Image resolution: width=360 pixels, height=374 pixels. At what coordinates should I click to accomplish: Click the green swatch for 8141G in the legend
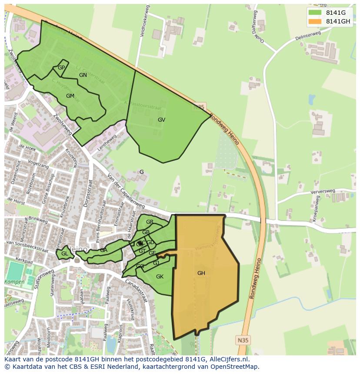(315, 12)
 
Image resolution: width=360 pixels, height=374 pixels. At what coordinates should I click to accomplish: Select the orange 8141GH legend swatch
(315, 21)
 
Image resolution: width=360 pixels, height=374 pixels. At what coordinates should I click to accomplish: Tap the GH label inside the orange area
(201, 273)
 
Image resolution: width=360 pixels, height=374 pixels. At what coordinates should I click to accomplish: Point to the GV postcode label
(161, 120)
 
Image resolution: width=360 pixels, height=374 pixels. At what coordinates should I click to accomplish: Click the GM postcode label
(70, 96)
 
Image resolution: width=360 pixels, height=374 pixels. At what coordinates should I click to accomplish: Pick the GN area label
(83, 75)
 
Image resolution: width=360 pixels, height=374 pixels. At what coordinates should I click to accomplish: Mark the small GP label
(61, 68)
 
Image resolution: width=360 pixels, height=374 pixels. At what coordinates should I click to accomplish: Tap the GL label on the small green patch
(64, 254)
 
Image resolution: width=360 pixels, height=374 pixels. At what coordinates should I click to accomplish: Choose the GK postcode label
(160, 277)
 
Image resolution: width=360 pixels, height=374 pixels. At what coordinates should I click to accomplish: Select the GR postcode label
(150, 222)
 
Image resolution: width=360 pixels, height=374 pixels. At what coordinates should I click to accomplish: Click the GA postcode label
(103, 250)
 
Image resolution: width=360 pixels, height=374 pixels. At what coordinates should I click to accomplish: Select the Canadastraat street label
(137, 291)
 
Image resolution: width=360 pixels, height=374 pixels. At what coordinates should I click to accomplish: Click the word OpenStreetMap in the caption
(234, 367)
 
